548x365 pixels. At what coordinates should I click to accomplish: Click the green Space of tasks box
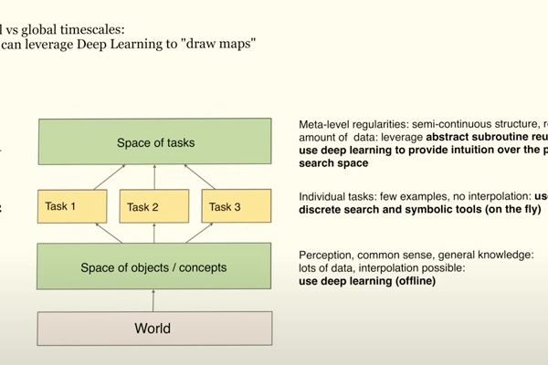coord(154,142)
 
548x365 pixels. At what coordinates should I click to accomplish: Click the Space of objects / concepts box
coord(154,266)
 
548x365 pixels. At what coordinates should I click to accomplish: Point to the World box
coord(154,328)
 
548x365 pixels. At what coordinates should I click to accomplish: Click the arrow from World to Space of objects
coord(154,300)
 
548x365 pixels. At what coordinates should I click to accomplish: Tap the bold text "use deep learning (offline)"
coord(368,281)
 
